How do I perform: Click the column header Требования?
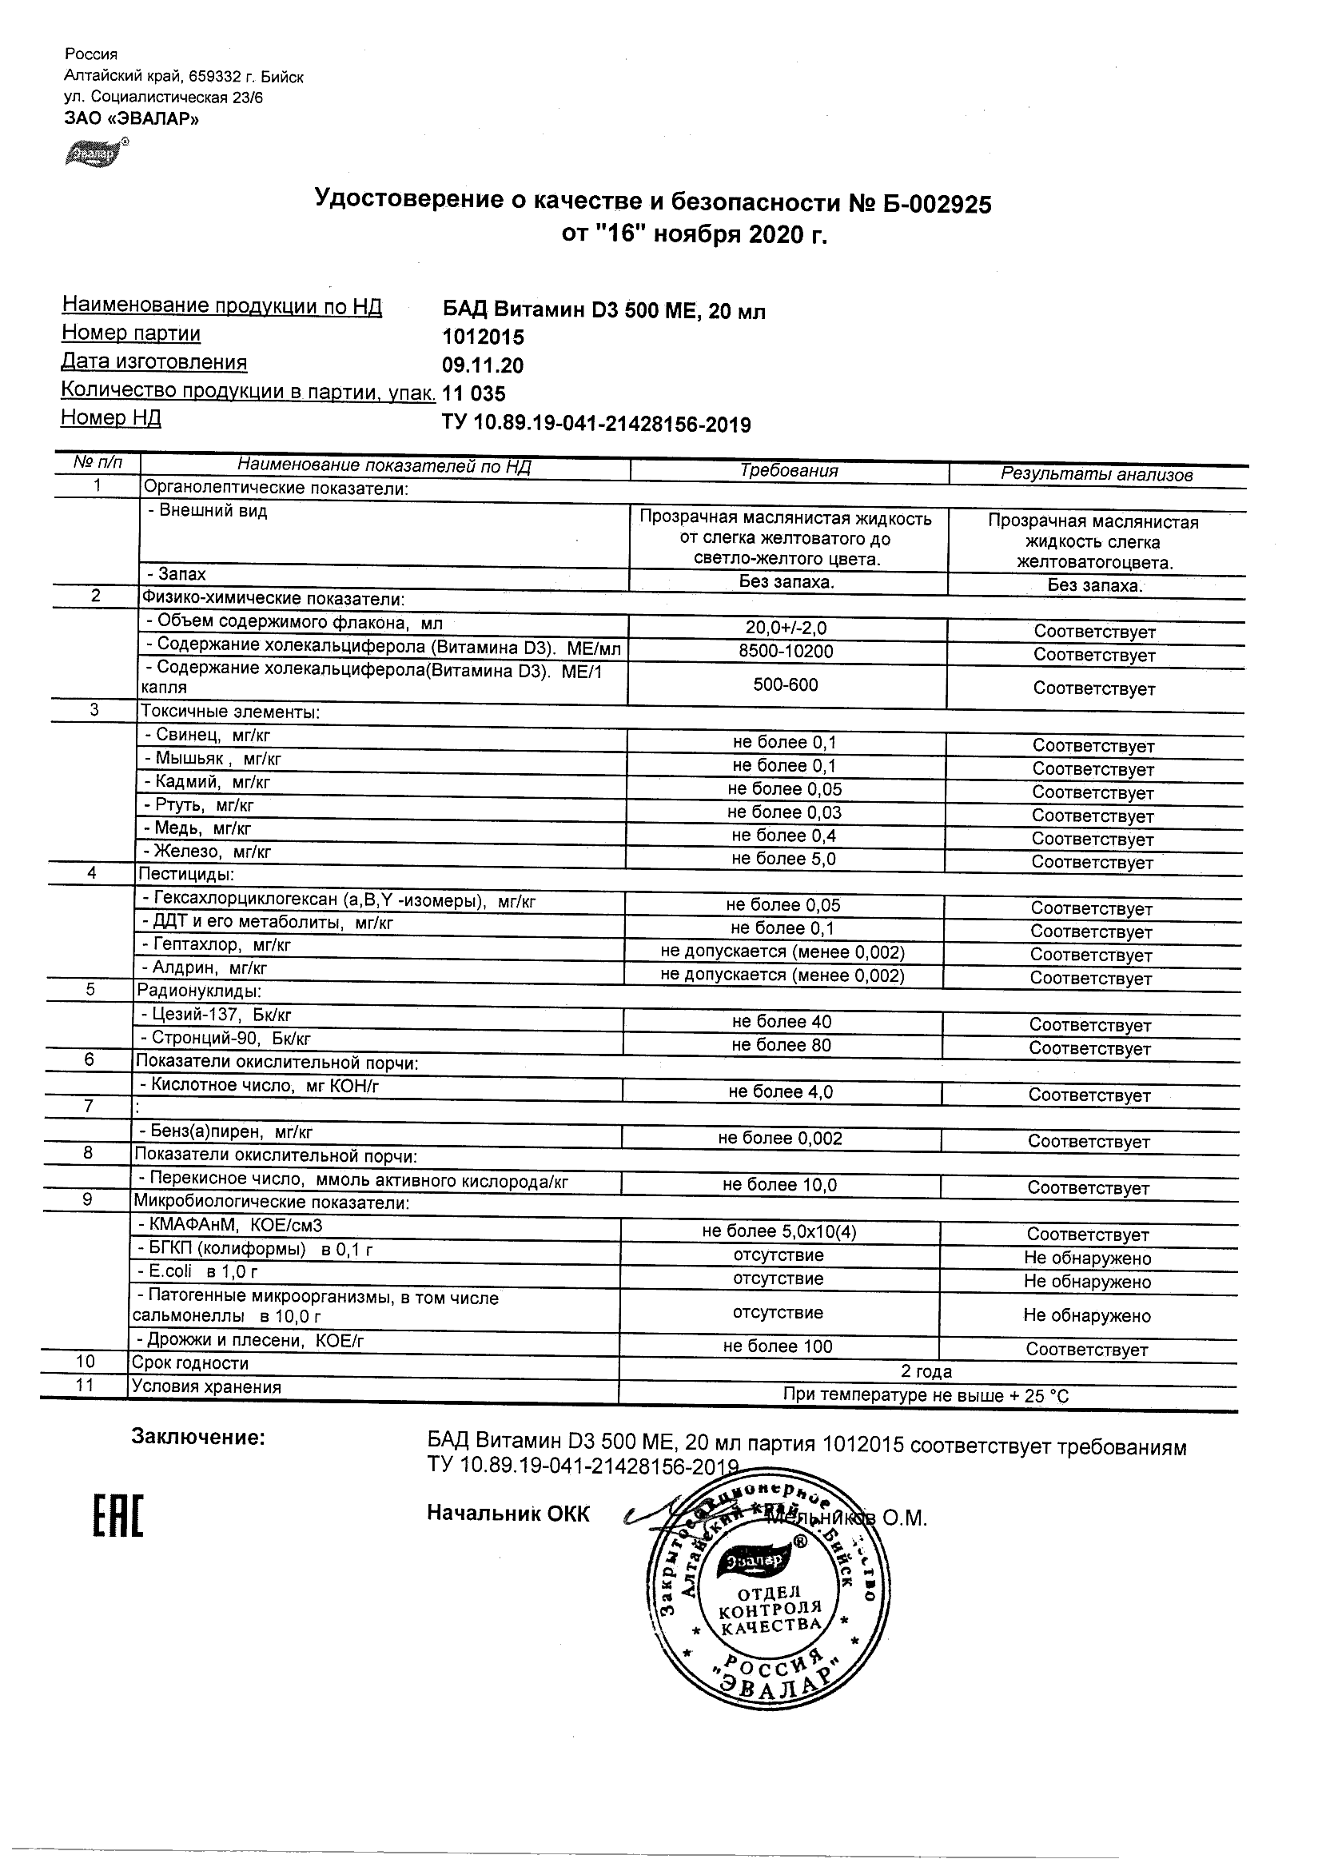788,471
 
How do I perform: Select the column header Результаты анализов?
1097,475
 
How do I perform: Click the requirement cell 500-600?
785,684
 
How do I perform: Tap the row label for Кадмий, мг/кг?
207,782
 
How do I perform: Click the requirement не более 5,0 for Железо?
783,859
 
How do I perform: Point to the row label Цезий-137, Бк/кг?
216,1015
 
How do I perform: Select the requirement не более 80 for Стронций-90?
781,1046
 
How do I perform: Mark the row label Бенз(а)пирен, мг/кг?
225,1132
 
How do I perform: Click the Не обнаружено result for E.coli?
1087,1282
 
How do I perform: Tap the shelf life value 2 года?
926,1371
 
